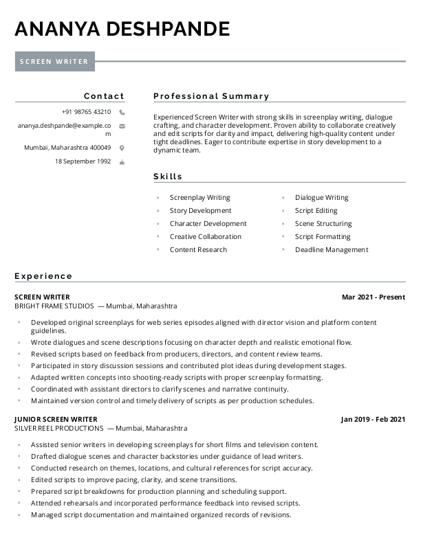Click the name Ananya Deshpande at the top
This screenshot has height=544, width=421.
click(x=122, y=29)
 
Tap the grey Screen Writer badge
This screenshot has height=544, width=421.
click(x=54, y=61)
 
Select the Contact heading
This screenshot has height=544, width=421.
click(x=104, y=96)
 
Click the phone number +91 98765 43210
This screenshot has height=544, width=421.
click(x=86, y=112)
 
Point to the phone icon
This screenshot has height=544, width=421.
click(x=122, y=112)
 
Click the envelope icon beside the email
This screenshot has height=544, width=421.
click(x=122, y=126)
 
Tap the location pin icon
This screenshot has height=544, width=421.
click(x=122, y=148)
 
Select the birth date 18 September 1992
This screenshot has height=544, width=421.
click(x=83, y=161)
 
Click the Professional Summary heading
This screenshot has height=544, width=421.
click(x=211, y=96)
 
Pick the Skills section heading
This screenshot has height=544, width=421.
click(x=168, y=177)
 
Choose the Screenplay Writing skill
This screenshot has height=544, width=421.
click(x=199, y=198)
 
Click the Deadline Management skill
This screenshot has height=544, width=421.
click(x=332, y=250)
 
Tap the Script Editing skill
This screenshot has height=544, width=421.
click(x=316, y=211)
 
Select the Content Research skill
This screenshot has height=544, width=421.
click(x=198, y=250)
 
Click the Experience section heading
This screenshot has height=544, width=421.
click(x=43, y=276)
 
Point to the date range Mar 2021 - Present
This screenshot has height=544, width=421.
click(x=374, y=297)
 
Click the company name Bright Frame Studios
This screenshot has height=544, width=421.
click(x=54, y=306)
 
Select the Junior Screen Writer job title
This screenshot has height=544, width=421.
click(x=56, y=419)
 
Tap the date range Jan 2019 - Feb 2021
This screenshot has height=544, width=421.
click(x=373, y=419)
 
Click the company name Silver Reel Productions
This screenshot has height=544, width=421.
click(x=58, y=428)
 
